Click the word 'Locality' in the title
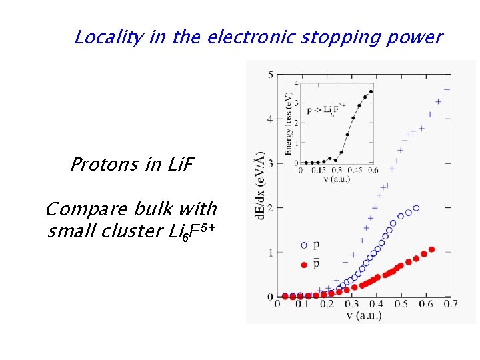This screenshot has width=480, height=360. tap(109, 37)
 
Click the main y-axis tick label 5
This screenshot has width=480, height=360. tap(269, 75)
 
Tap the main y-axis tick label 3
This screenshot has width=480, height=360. tap(269, 164)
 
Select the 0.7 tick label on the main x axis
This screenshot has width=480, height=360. tap(450, 305)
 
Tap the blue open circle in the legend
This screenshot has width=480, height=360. tap(304, 245)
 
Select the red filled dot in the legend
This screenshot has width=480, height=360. tap(304, 265)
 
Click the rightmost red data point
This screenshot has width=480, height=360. tap(431, 249)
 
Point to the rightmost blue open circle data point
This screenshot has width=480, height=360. tap(417, 208)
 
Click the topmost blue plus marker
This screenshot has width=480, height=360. tap(446, 89)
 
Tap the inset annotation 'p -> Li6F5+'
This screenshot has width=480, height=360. tap(327, 108)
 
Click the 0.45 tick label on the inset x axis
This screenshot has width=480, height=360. tap(353, 170)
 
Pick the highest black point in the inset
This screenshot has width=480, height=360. tap(371, 91)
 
